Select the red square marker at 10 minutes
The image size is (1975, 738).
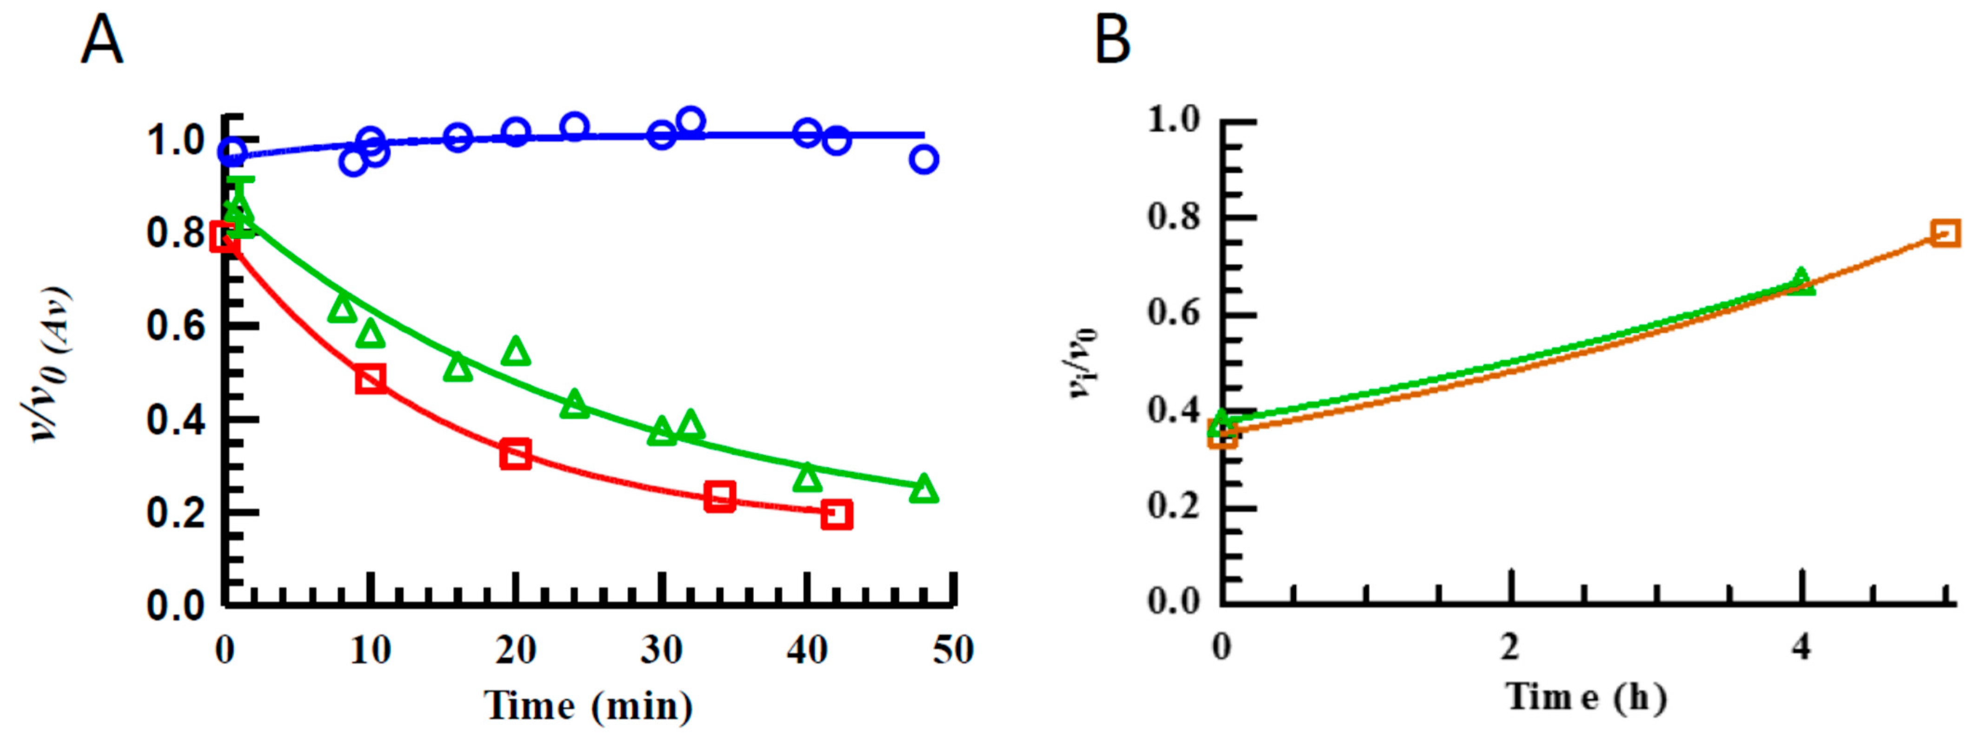point(370,379)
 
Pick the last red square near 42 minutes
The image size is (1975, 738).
point(837,514)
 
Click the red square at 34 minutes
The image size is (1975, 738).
point(719,497)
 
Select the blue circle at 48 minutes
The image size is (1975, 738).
point(924,159)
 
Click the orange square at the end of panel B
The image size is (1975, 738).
point(1946,233)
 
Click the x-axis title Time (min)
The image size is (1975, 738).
point(588,705)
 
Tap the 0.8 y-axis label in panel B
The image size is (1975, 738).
point(1173,217)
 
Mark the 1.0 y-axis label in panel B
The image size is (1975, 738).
point(1173,120)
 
